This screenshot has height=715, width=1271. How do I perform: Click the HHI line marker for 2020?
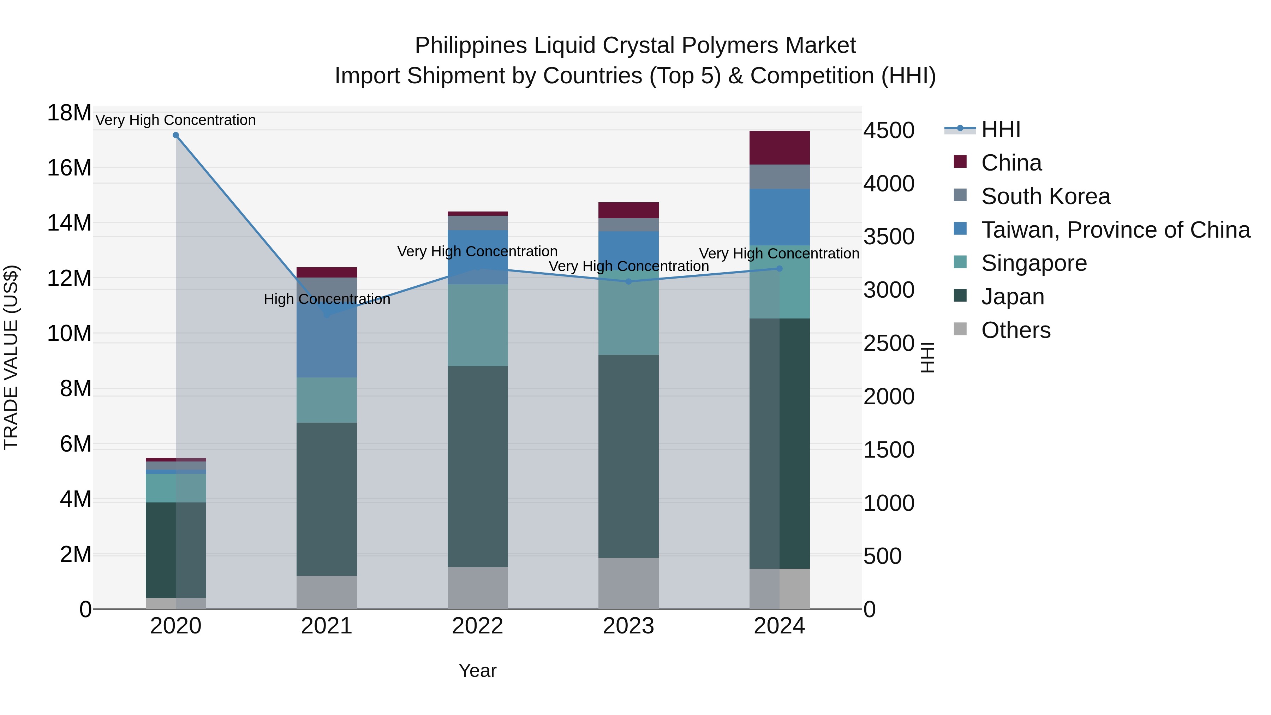coord(176,135)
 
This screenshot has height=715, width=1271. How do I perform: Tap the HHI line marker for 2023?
coord(628,282)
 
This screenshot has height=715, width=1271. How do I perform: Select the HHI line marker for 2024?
coord(779,268)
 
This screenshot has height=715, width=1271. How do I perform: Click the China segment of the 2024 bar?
coord(779,148)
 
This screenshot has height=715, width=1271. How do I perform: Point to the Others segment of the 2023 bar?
coord(628,583)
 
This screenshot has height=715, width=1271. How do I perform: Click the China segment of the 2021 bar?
coord(326,272)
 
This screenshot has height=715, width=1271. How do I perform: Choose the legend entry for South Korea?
coord(1045,196)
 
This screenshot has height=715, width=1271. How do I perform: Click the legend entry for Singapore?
coord(1034,263)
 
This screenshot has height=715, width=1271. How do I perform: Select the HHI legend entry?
coord(1000,129)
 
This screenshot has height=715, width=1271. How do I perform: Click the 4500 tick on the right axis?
coord(889,131)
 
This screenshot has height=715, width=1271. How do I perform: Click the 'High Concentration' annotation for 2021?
coord(327,299)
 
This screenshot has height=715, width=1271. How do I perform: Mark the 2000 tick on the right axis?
coord(889,397)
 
